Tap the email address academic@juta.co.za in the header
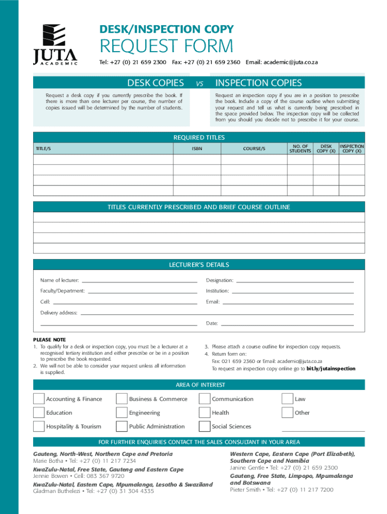[x=281, y=62]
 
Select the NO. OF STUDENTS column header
[x=300, y=149]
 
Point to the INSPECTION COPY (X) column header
[x=352, y=149]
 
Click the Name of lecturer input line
[x=139, y=281]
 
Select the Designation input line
[x=295, y=281]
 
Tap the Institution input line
[x=293, y=292]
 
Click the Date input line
[x=287, y=324]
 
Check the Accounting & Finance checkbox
[x=39, y=399]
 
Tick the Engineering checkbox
[x=122, y=413]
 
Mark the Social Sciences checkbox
[x=204, y=427]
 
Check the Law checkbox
[x=287, y=399]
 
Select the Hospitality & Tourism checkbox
[x=39, y=427]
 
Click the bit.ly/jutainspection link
[x=331, y=368]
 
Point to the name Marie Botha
[x=48, y=461]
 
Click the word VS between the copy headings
[x=199, y=84]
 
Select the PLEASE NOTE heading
[x=49, y=340]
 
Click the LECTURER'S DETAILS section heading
[x=200, y=265]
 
